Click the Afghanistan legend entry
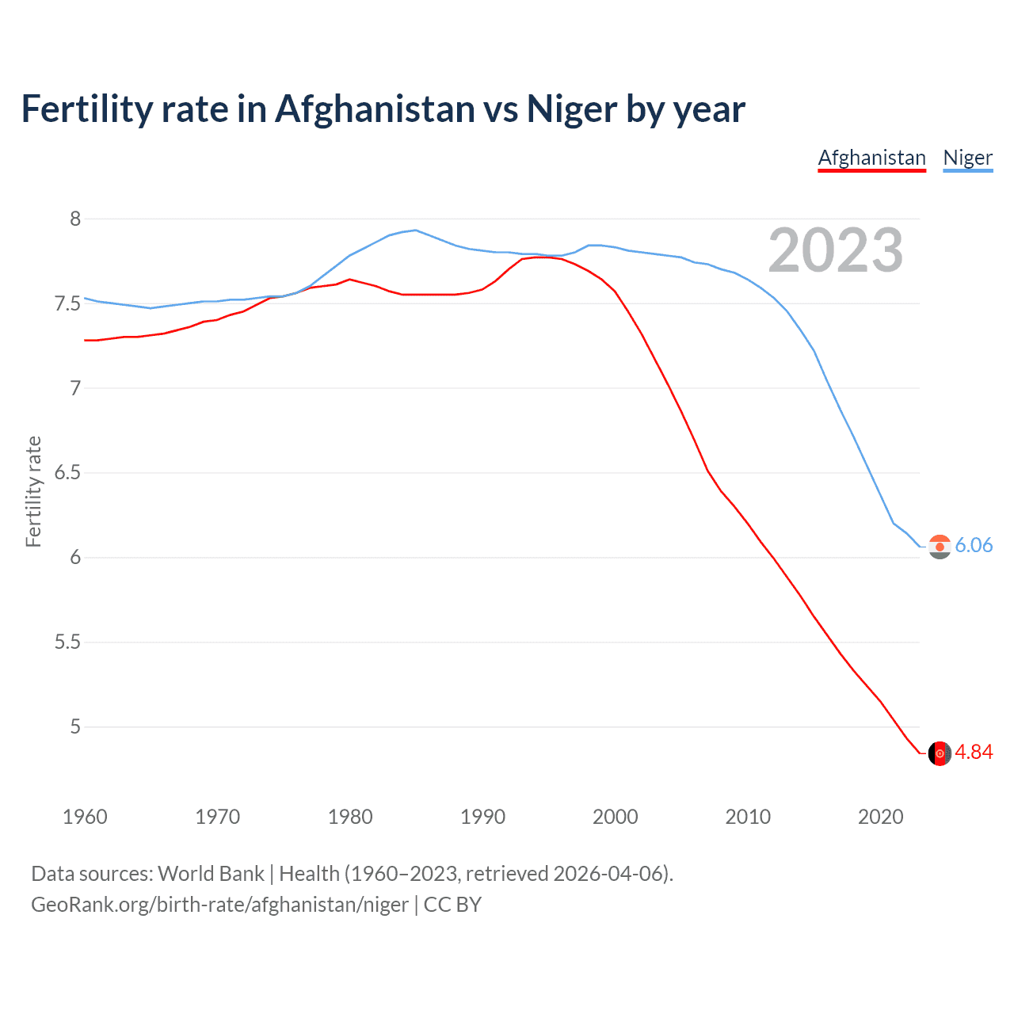(871, 158)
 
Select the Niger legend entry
(967, 158)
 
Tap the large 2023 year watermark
(836, 250)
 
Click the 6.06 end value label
(974, 545)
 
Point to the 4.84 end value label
(974, 752)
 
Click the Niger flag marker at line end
(940, 547)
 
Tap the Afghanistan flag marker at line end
(940, 753)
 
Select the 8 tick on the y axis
(75, 219)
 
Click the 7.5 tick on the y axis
(68, 303)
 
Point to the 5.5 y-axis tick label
(68, 642)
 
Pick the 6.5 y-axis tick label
(68, 473)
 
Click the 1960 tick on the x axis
(85, 817)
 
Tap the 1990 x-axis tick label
(482, 817)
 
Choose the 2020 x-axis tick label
(880, 817)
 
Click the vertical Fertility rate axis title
(33, 491)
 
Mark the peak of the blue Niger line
(415, 230)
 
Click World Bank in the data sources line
(211, 874)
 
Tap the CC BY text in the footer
(452, 905)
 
